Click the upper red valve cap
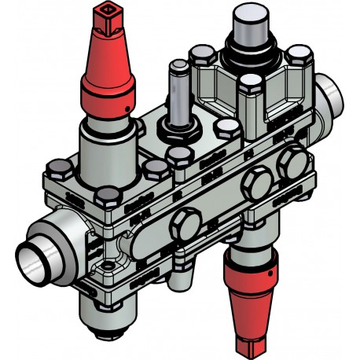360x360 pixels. pos(105,71)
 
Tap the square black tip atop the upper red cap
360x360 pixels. pos(105,13)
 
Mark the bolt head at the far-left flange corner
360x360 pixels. pos(58,170)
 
